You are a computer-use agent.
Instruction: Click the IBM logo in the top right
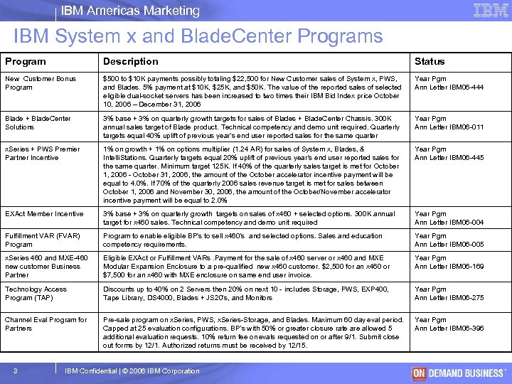[x=490, y=10]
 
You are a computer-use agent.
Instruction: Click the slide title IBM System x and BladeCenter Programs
[x=198, y=36]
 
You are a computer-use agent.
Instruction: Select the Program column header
[x=26, y=62]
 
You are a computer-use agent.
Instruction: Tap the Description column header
[x=131, y=62]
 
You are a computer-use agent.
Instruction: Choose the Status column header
[x=430, y=62]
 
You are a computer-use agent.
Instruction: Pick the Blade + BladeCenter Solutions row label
[x=38, y=122]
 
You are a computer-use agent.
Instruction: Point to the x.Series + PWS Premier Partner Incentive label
[x=43, y=154]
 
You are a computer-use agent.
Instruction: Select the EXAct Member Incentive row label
[x=44, y=214]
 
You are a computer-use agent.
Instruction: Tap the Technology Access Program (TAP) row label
[x=36, y=294]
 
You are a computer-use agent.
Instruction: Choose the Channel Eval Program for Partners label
[x=46, y=324]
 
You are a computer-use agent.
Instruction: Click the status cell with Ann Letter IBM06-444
[x=449, y=82]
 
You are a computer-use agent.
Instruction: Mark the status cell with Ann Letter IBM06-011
[x=449, y=122]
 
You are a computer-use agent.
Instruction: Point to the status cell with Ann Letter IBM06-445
[x=449, y=154]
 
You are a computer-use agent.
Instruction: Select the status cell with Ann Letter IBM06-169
[x=449, y=262]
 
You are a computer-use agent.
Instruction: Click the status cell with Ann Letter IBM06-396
[x=449, y=324]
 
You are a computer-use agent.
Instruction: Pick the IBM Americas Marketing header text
[x=130, y=11]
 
